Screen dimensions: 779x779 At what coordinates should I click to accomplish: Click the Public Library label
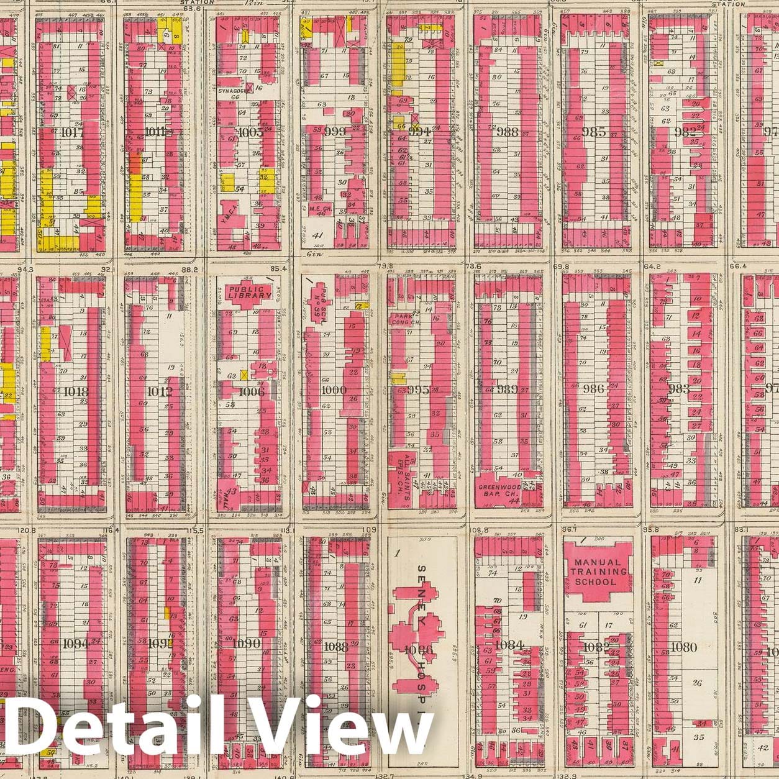[x=250, y=291]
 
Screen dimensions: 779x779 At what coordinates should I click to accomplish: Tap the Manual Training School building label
[x=595, y=572]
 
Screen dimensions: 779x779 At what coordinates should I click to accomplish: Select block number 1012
[x=157, y=391]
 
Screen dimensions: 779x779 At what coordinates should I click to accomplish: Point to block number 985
[x=594, y=132]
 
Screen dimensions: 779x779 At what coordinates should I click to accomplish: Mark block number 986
[x=594, y=389]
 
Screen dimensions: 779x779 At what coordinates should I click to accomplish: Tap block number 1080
[x=683, y=647]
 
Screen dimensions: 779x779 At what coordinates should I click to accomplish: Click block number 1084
[x=509, y=645]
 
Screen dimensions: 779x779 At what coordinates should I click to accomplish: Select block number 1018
[x=76, y=391]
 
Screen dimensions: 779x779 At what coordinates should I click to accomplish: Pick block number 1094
[x=76, y=644]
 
